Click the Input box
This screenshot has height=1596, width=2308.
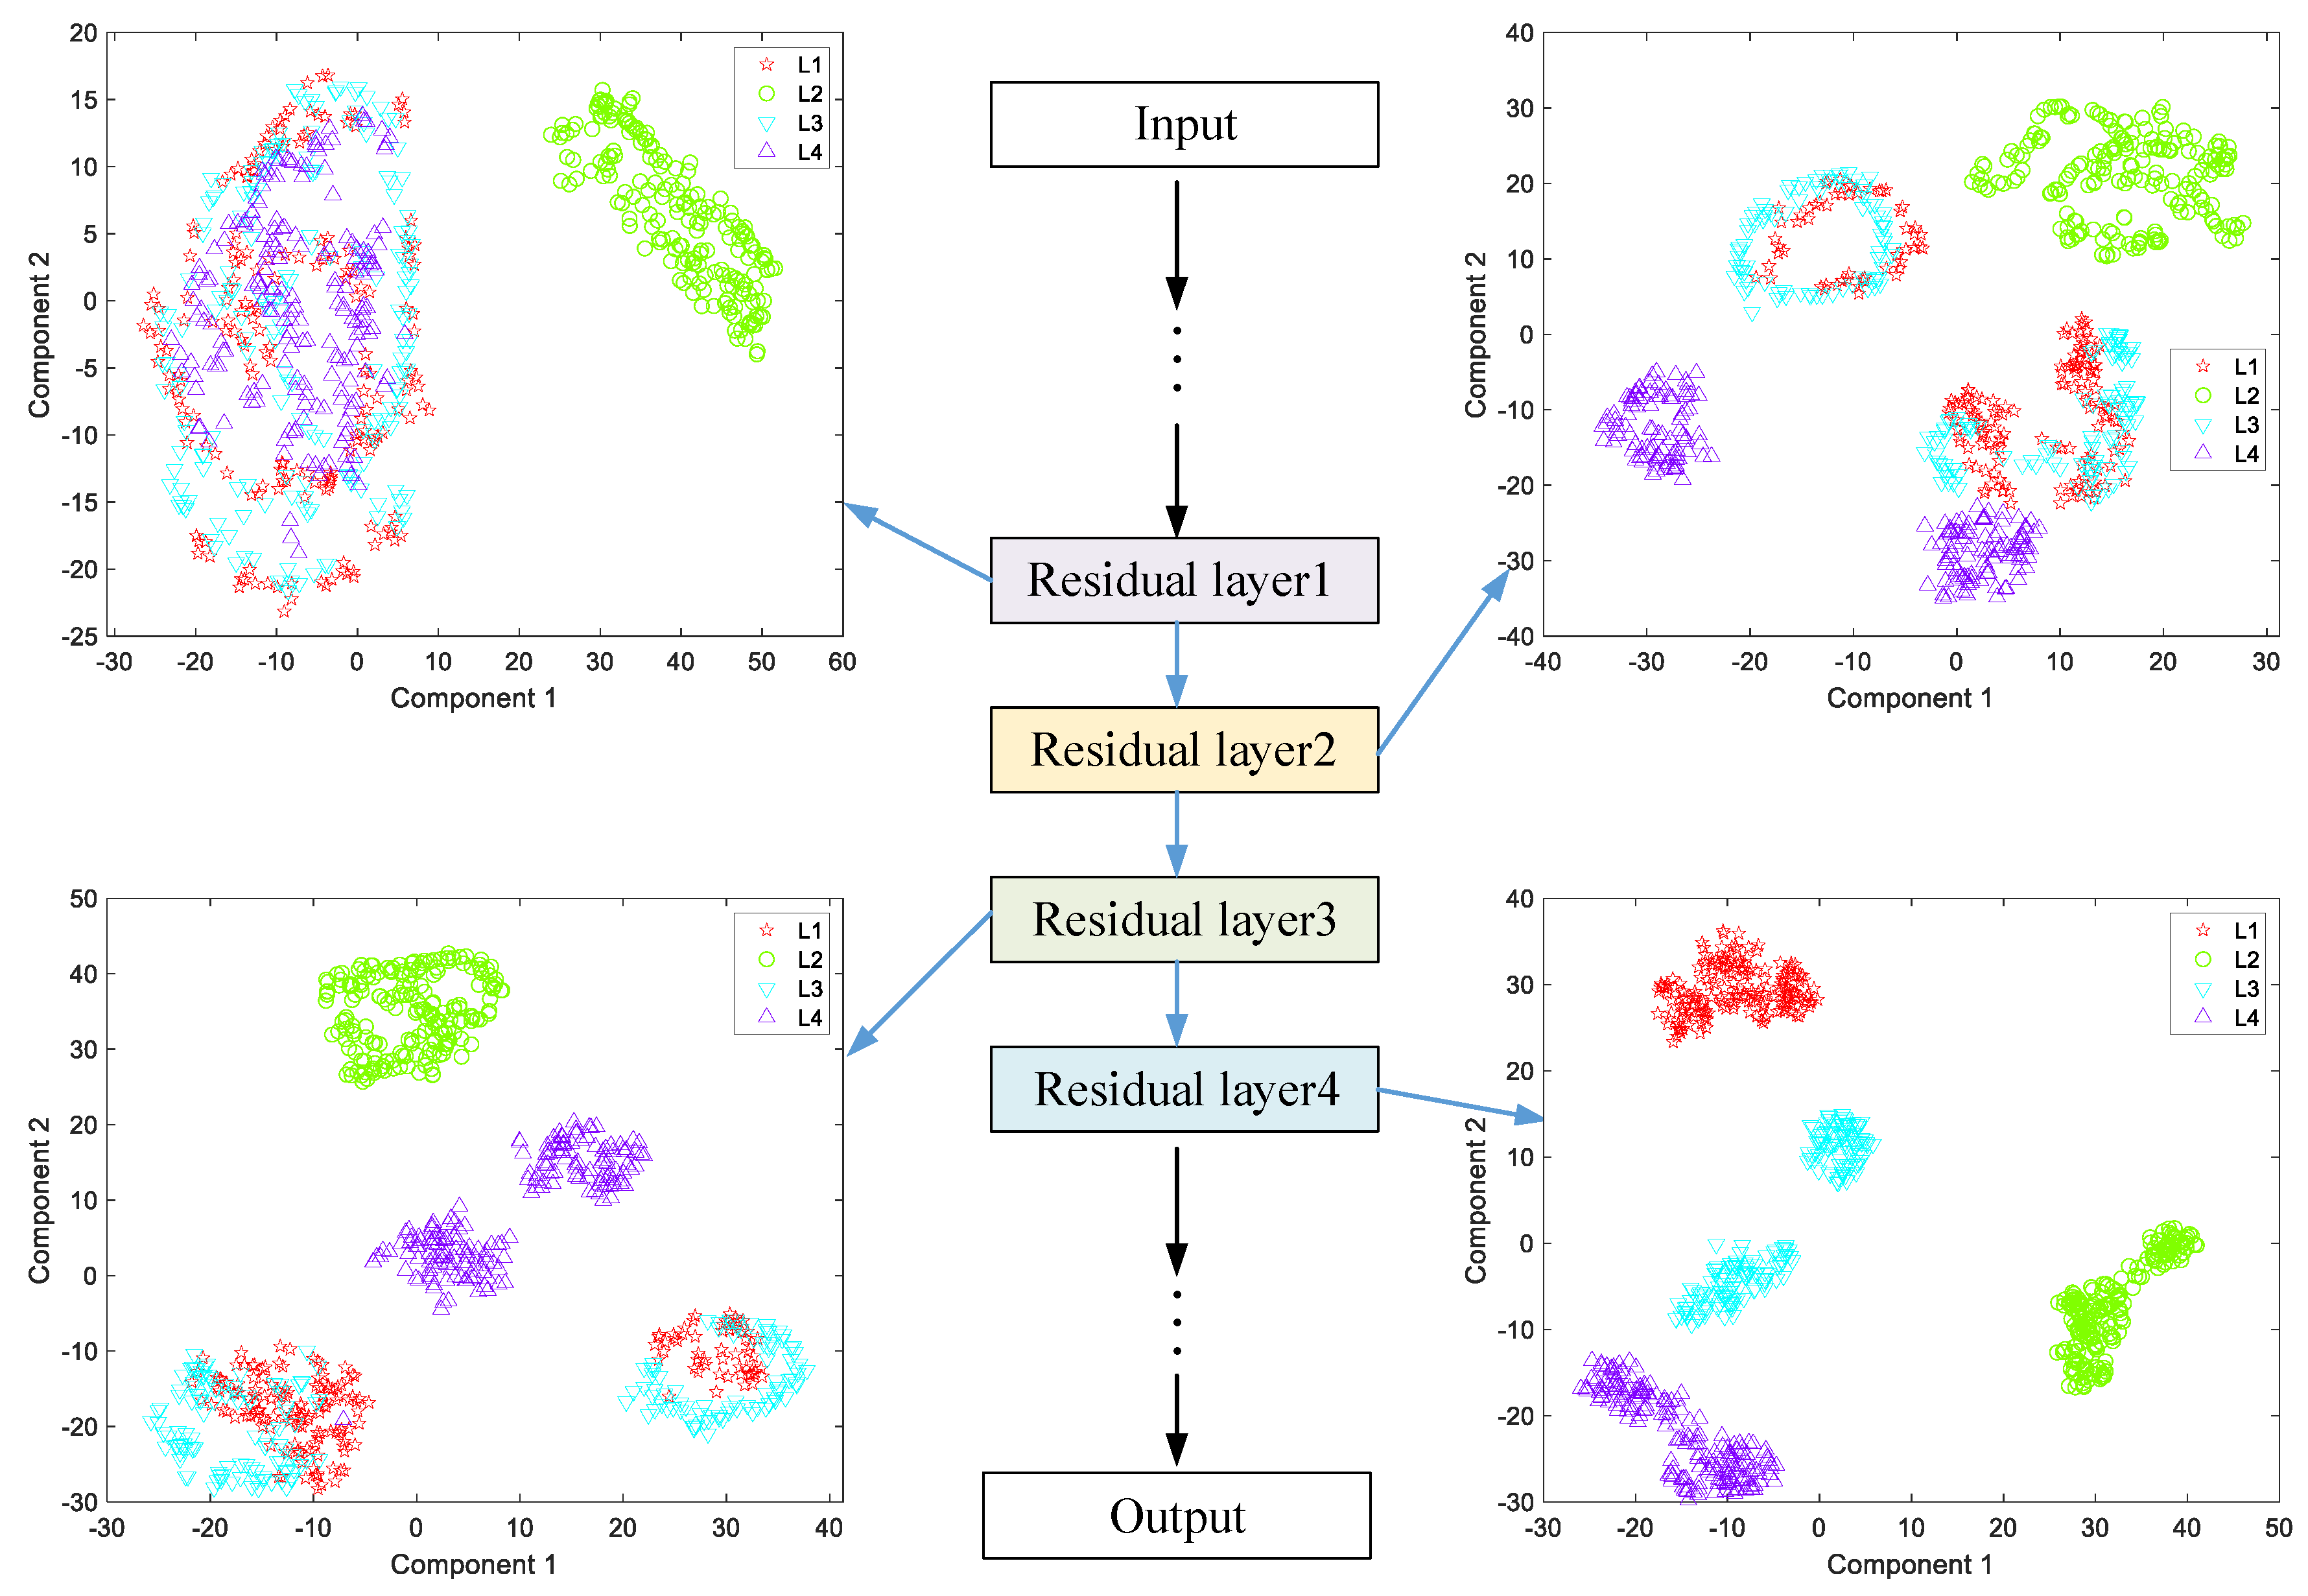(1184, 124)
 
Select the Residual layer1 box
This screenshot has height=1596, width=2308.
(1184, 580)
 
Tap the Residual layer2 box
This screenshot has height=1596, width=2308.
(1184, 750)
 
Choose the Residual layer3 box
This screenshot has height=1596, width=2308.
(1184, 920)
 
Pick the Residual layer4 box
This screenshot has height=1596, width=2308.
(1184, 1089)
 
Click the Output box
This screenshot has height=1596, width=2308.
(1176, 1516)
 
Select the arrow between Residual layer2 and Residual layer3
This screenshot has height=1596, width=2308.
(1177, 834)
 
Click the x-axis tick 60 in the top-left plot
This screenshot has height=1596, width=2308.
(842, 662)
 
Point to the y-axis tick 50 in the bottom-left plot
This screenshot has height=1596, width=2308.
(84, 899)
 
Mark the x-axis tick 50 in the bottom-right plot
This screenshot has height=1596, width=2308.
(2278, 1528)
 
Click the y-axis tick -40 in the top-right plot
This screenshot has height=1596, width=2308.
(1518, 636)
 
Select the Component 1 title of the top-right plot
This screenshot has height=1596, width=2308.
(1909, 698)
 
